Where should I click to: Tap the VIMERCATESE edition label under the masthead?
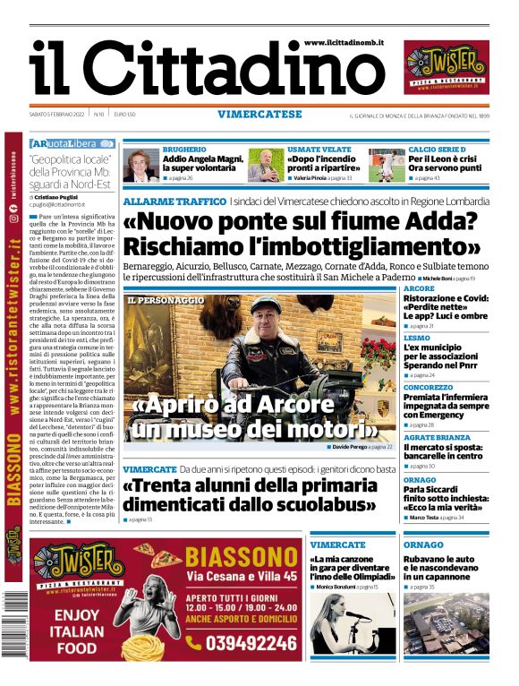(259, 114)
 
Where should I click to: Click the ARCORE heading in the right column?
(419, 289)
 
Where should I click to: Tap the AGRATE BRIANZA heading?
(436, 437)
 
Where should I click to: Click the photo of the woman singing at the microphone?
(351, 623)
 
